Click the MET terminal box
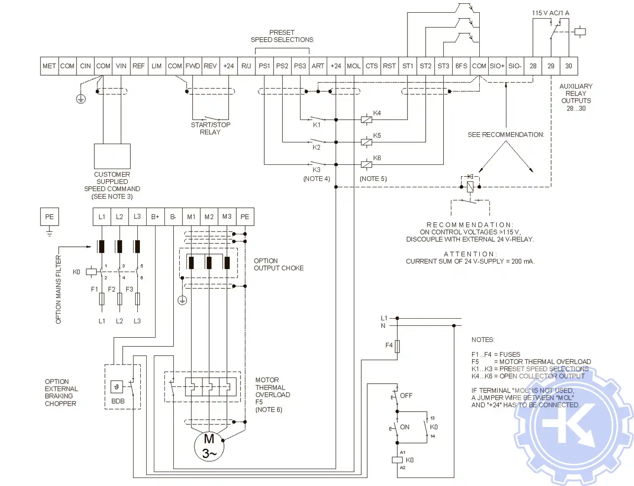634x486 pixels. [x=49, y=66]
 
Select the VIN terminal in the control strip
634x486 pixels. [x=121, y=66]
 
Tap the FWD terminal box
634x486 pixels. [x=192, y=66]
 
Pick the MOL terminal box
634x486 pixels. [x=353, y=66]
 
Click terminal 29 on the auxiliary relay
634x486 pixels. [x=551, y=66]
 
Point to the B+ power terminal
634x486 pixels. [x=155, y=217]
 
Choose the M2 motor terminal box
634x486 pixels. [x=209, y=217]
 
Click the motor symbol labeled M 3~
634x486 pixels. [x=209, y=446]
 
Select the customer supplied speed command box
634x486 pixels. [x=112, y=156]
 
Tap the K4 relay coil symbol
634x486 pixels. [x=366, y=120]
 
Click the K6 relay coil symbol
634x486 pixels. [x=366, y=164]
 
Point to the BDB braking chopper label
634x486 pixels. [x=118, y=401]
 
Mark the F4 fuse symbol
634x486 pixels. [x=397, y=347]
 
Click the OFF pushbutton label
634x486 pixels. [x=406, y=396]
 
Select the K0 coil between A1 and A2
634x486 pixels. [x=397, y=460]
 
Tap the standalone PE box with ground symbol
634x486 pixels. [x=49, y=217]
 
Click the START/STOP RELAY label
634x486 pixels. [x=210, y=128]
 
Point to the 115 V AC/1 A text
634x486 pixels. [x=550, y=13]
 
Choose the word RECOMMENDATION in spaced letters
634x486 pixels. [x=470, y=225]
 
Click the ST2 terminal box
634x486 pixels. [x=425, y=66]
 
